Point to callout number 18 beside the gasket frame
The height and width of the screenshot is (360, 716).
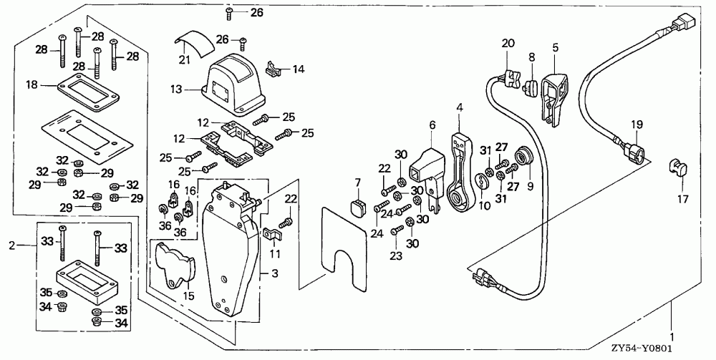tap(31, 85)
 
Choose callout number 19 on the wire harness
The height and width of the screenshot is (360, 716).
tap(635, 124)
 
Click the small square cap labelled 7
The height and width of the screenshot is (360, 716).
tap(357, 208)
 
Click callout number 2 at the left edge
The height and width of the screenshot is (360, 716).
tap(10, 245)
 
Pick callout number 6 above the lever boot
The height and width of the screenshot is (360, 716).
tap(432, 124)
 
